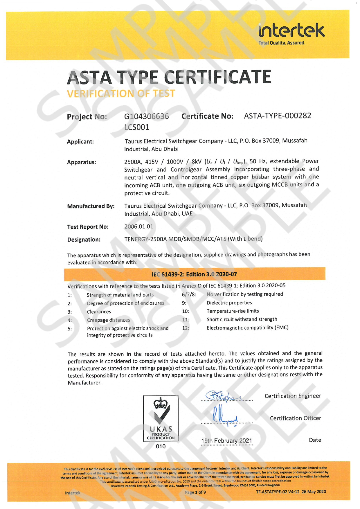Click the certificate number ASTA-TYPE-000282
tap(277, 116)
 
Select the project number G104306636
tap(146, 116)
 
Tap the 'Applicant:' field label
tap(80, 142)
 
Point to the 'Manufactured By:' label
tap(91, 206)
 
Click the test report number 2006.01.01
tap(138, 226)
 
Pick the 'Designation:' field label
tap(84, 240)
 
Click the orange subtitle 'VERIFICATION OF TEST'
tap(121, 93)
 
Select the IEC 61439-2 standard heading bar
tap(194, 274)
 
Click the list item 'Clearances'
tap(99, 312)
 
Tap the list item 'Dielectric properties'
tap(229, 303)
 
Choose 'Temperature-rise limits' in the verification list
tap(233, 311)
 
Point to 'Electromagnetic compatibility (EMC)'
tap(247, 328)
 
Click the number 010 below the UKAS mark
tap(161, 446)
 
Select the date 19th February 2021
tap(226, 440)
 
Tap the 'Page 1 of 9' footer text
tap(195, 492)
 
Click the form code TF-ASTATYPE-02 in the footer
tap(291, 492)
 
